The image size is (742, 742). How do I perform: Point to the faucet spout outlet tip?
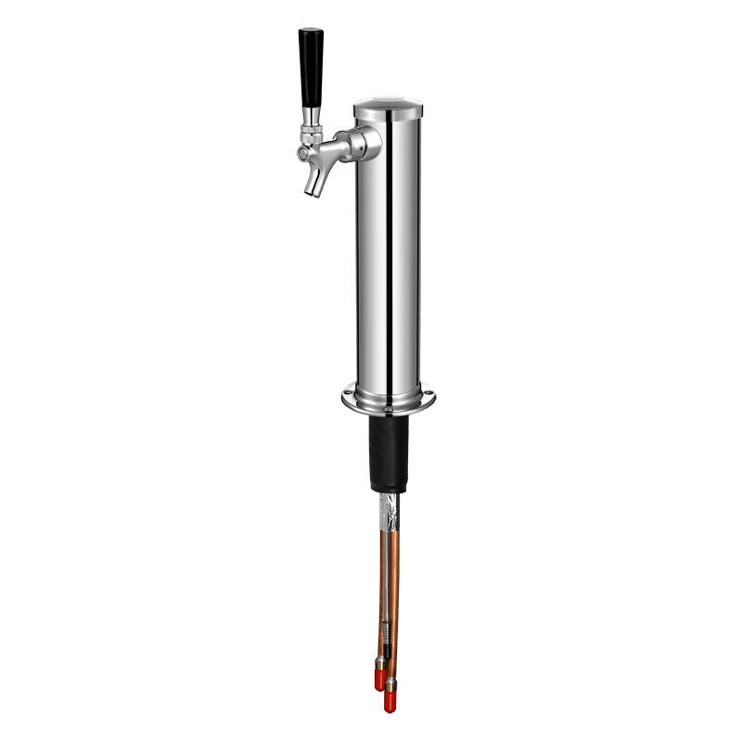point(313,189)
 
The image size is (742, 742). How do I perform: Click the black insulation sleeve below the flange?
point(389,454)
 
